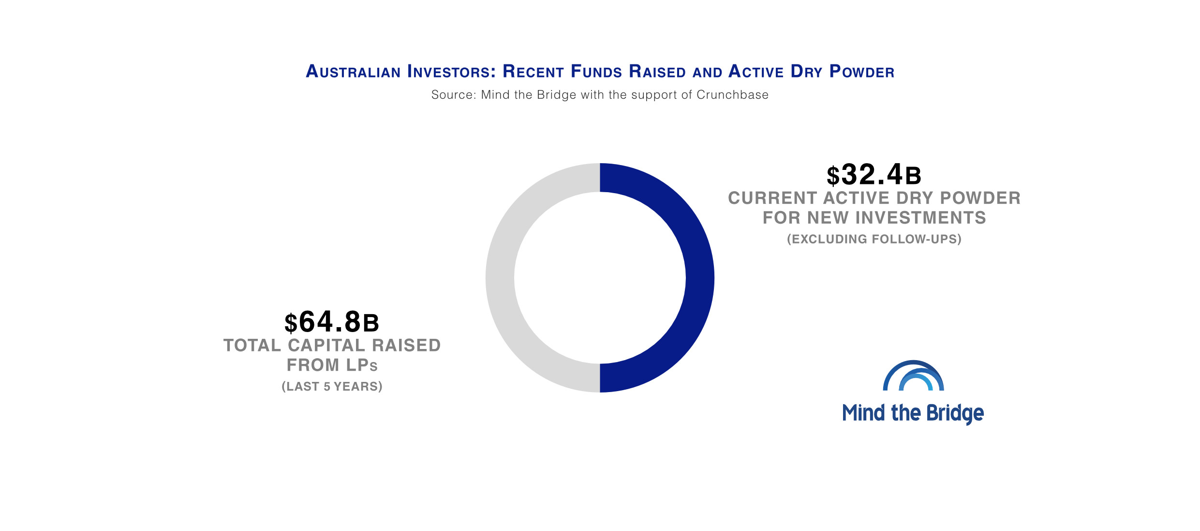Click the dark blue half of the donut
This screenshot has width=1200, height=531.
tap(699, 278)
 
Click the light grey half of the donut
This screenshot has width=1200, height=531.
tap(500, 278)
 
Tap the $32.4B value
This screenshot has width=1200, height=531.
tap(874, 175)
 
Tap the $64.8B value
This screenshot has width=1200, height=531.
tap(332, 322)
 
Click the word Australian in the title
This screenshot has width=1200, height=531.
tap(353, 72)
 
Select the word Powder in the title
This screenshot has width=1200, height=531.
tap(861, 72)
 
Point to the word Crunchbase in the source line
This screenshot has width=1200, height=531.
tap(732, 95)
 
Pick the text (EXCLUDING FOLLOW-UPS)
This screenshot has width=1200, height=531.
tap(874, 239)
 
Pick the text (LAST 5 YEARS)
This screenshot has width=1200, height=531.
tap(332, 386)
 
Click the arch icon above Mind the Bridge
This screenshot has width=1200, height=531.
tap(913, 376)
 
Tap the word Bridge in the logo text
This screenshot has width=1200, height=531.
tap(955, 414)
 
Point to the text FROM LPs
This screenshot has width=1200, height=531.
tap(332, 365)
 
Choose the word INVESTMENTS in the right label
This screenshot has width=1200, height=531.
tap(920, 218)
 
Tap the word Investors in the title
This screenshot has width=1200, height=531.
tap(451, 72)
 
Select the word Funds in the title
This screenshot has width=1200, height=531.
tap(596, 72)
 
